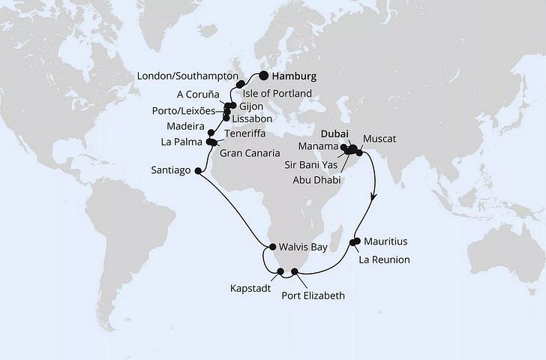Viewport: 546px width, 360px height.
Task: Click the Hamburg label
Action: (x=295, y=76)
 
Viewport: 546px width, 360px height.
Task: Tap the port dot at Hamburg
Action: (x=264, y=75)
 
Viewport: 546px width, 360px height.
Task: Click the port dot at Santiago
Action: (x=198, y=171)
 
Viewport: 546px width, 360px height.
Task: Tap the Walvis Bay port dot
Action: (x=271, y=245)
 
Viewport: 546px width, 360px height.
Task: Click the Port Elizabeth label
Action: (x=313, y=295)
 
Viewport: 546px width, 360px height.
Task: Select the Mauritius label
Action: (x=386, y=241)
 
